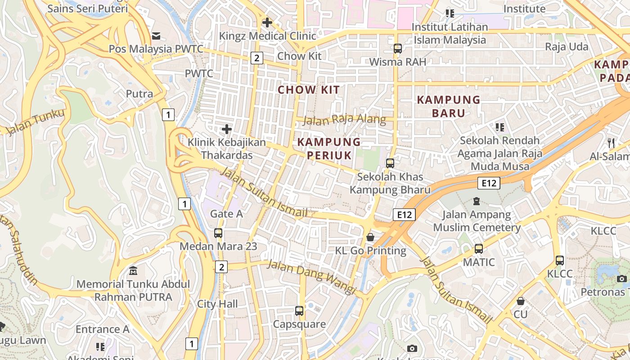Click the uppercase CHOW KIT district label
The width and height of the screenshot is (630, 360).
click(309, 90)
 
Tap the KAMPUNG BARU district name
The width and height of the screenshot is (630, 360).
click(448, 106)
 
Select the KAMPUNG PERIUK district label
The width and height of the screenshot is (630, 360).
click(329, 148)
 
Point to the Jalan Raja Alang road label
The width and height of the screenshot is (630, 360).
click(344, 120)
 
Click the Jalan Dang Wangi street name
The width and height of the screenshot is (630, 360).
click(311, 277)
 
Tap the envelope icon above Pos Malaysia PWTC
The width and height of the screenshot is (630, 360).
click(157, 36)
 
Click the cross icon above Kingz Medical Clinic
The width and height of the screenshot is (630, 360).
click(267, 22)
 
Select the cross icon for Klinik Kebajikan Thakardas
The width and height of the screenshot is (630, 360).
click(227, 130)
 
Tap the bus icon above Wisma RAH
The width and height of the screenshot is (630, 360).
click(397, 49)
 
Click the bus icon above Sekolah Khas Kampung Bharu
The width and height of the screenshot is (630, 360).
click(390, 163)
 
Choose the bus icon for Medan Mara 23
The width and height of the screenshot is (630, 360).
click(218, 233)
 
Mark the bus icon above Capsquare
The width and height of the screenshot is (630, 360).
click(299, 310)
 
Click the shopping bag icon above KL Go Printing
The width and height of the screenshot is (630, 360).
click(370, 237)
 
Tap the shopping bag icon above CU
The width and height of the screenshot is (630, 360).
click(521, 301)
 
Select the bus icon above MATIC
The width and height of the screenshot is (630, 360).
click(479, 248)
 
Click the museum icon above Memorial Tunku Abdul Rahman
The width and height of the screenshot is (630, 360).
click(133, 271)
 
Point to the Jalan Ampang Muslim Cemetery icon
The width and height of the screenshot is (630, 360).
click(477, 201)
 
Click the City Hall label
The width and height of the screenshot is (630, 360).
click(217, 304)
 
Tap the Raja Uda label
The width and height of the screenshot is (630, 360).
click(567, 47)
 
